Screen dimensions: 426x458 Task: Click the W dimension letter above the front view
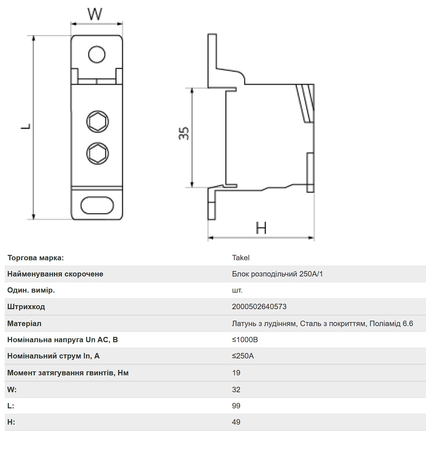tap(95, 14)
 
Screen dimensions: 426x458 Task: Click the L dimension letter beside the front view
tap(26, 127)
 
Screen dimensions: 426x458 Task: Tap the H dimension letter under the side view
tap(261, 228)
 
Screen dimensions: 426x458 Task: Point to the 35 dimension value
tap(184, 133)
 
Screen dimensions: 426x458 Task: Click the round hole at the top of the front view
tap(97, 54)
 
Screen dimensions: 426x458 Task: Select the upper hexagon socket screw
tap(98, 121)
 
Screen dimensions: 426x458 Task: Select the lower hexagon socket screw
tap(98, 154)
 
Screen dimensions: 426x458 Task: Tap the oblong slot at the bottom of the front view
tap(97, 205)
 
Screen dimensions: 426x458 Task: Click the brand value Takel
tap(241, 258)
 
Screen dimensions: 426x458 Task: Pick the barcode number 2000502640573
tap(259, 307)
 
